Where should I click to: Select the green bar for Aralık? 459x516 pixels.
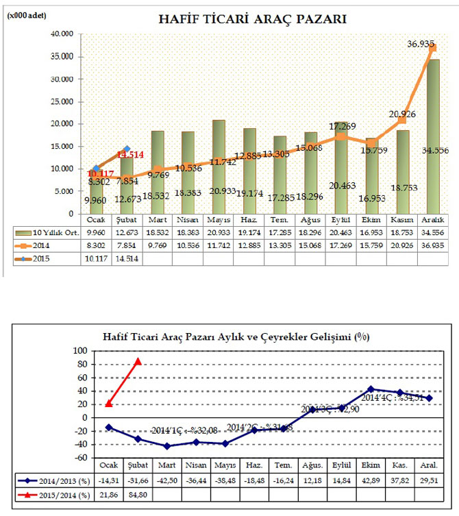(432, 137)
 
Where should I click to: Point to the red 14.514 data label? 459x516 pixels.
(129, 155)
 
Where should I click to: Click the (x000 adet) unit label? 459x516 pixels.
(27, 15)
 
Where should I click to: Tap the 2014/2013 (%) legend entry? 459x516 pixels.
(52, 480)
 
